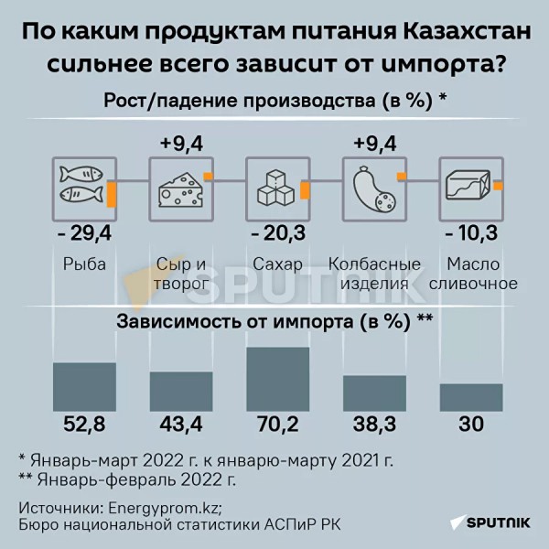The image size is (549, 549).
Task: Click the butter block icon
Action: coord(468,186)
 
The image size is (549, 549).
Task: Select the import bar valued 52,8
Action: coord(85,386)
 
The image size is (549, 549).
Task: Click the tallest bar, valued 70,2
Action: coord(277,379)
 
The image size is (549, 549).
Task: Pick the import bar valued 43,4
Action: coord(181,391)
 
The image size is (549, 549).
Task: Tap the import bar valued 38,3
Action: coord(374,393)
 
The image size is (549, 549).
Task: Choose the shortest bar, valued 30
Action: coord(471,396)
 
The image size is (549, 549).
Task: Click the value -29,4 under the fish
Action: coord(84,235)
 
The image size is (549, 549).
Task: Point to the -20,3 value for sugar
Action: coord(276,235)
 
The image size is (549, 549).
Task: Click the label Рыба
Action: coord(85,264)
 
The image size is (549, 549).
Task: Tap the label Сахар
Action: coord(276,264)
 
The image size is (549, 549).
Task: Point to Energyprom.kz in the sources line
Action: coord(165,508)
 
